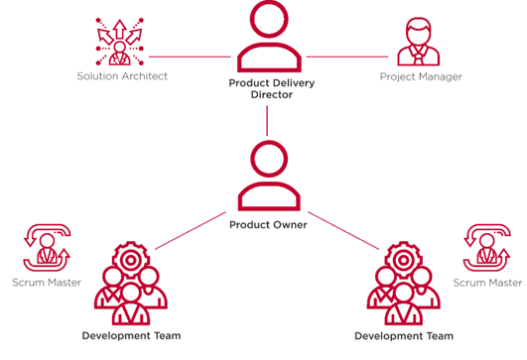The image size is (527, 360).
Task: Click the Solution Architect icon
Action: click(120, 39)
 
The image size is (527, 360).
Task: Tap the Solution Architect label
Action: click(123, 76)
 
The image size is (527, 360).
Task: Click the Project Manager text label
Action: click(421, 76)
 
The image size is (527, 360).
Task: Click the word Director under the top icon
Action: click(267, 97)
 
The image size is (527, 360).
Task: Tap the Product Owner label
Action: click(267, 225)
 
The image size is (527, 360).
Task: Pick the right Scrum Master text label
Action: click(487, 283)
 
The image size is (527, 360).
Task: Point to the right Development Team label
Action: click(405, 336)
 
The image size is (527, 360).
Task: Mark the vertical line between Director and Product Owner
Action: click(267, 120)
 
